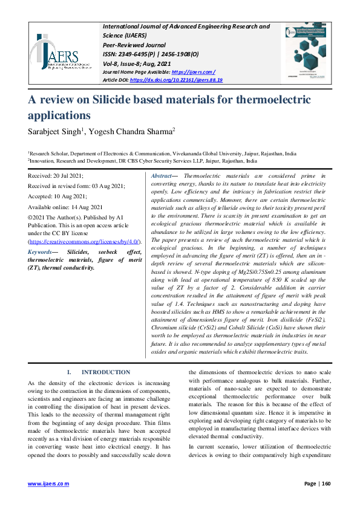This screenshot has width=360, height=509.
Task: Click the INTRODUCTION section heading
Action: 105,372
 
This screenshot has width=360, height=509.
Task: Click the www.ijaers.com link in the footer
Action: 48,484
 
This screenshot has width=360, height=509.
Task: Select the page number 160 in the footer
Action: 326,484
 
